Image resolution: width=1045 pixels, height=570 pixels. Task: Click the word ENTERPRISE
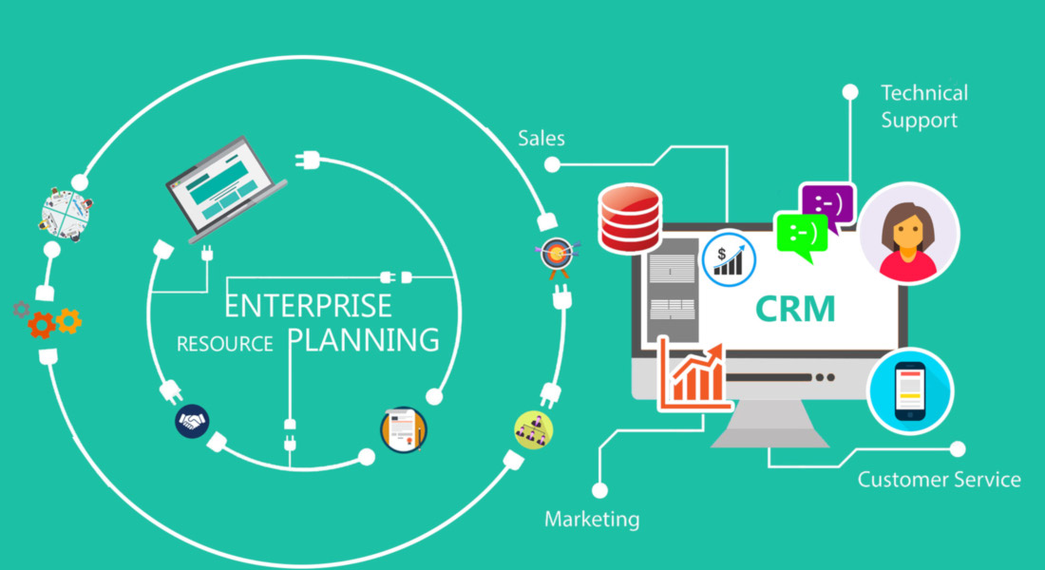click(308, 305)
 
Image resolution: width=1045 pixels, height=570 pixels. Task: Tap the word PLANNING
click(364, 339)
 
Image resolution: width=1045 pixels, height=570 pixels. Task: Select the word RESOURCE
click(224, 344)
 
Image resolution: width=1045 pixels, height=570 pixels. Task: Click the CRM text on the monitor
click(795, 309)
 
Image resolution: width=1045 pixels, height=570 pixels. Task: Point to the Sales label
click(541, 138)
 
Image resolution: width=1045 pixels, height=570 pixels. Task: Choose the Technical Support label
click(924, 106)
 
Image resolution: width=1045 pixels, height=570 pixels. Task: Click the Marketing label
click(592, 519)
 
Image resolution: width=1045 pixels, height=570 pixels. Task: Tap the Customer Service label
click(939, 480)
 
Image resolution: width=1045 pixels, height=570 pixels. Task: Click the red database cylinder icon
click(630, 218)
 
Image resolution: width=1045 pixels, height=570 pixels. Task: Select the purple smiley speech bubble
click(827, 206)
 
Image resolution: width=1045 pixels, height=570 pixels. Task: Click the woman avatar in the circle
click(908, 234)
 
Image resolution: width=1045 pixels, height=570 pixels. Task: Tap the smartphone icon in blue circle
click(910, 391)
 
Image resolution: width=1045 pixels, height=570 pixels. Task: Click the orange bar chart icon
click(693, 374)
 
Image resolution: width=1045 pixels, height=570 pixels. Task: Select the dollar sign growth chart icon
click(729, 258)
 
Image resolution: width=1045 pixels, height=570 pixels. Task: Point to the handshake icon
click(192, 422)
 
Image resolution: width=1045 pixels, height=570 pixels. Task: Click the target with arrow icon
click(557, 256)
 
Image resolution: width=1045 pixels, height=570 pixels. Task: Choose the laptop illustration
click(226, 189)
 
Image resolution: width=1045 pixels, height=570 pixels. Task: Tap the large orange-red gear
click(41, 325)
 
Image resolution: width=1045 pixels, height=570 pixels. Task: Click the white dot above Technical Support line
click(850, 92)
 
